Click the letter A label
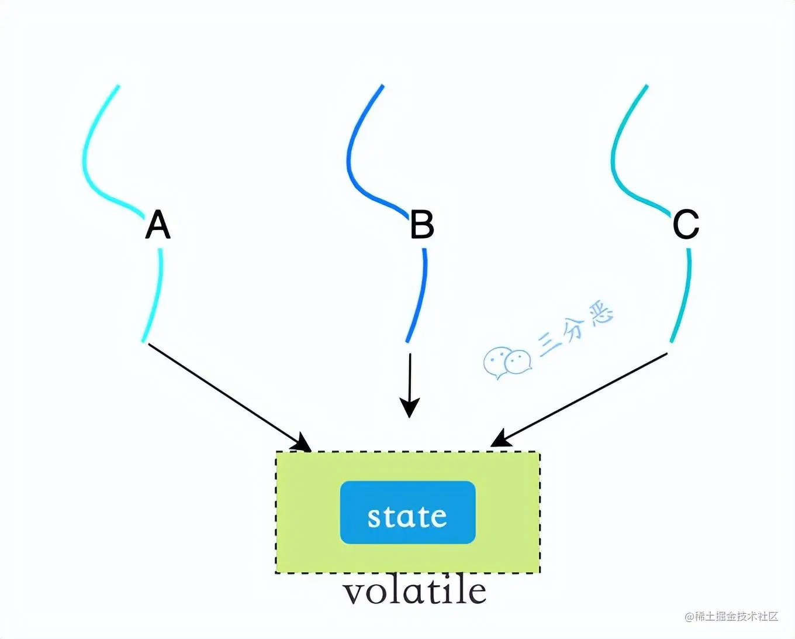(157, 225)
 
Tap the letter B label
(422, 225)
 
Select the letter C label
(686, 224)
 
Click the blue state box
(407, 513)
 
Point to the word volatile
(414, 592)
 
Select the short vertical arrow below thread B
(410, 380)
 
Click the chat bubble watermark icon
(507, 362)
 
